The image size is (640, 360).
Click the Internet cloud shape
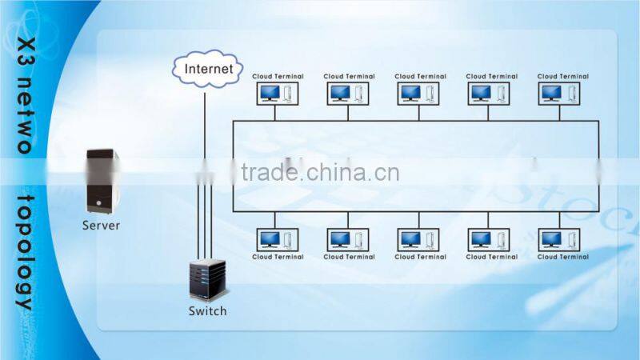tap(207, 69)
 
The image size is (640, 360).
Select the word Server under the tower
tap(101, 225)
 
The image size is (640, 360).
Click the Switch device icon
tap(207, 281)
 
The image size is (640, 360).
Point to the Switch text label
tap(207, 310)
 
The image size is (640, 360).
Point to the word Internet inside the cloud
tap(209, 69)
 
